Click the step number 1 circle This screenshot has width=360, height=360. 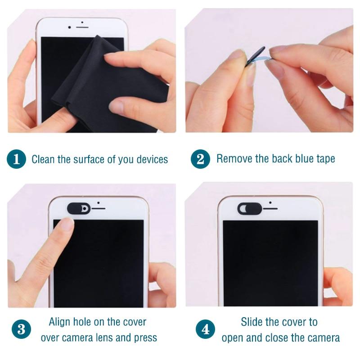pos(16,159)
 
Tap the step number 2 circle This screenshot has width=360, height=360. pos(200,159)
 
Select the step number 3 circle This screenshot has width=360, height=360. pos(21,329)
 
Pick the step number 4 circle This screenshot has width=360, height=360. pos(206,329)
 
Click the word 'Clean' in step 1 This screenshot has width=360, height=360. pos(43,159)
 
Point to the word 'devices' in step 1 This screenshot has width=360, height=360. pos(152,159)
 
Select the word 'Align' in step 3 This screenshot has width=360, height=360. pos(59,322)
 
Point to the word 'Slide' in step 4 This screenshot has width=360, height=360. pos(252,322)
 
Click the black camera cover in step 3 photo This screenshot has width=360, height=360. pos(79,208)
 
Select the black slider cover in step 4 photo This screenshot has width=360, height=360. pos(250,208)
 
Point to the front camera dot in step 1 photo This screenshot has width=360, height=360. pos(70,27)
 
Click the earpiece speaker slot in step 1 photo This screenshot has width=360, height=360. pos(82,27)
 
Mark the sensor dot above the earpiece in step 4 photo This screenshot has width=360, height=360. pos(270,202)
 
